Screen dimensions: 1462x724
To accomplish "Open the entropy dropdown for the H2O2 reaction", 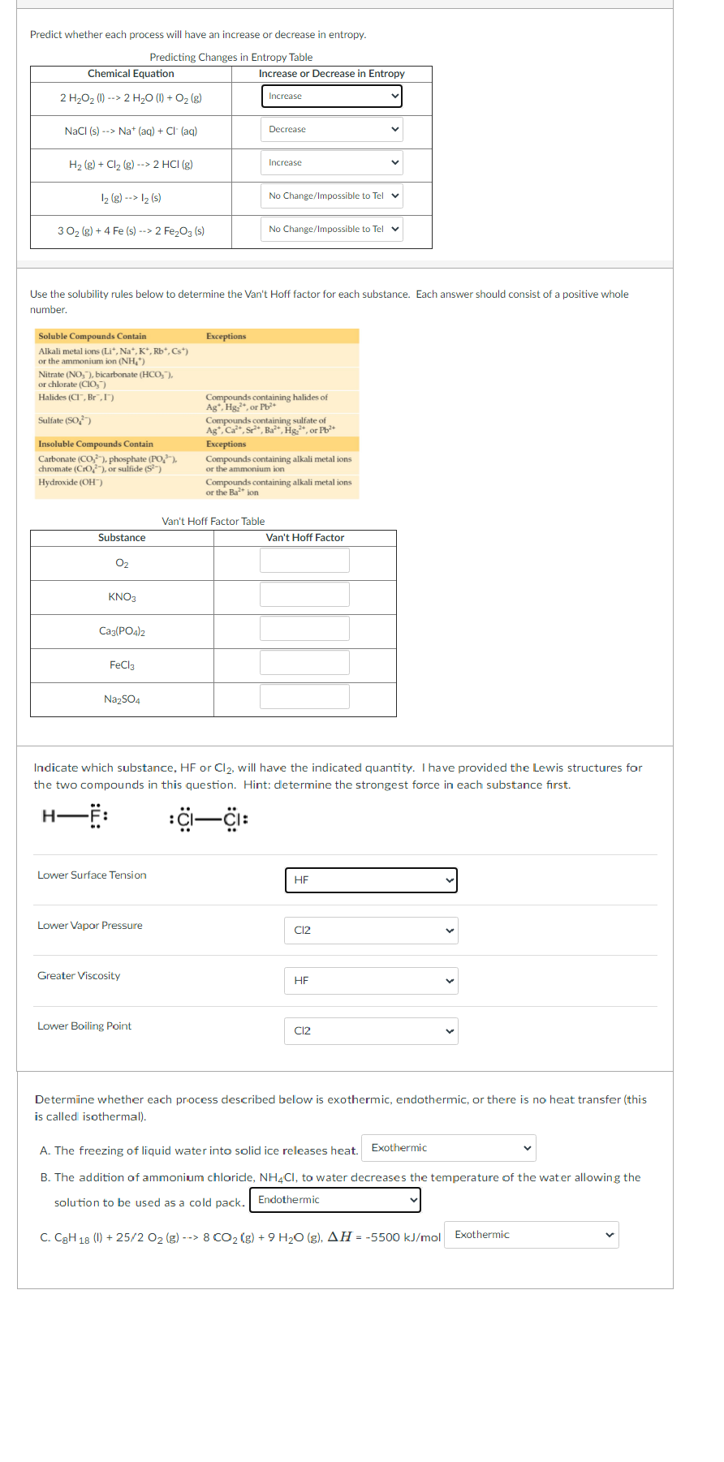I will click(331, 97).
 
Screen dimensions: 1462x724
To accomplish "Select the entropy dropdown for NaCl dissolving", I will click(331, 130).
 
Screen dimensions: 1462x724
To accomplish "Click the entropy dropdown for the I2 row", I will click(331, 196).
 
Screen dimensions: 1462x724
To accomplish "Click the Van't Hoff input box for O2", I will click(304, 561).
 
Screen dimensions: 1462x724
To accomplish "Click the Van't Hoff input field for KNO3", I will click(304, 595).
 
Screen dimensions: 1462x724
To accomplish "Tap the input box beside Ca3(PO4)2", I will click(304, 629).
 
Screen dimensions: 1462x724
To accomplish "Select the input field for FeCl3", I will click(304, 663).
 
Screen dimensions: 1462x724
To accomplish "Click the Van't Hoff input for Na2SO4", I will click(304, 697).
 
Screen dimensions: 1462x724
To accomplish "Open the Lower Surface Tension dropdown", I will click(371, 880).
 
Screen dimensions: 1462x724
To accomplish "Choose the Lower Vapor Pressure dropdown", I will click(371, 931).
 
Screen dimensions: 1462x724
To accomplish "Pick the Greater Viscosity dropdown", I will click(371, 981).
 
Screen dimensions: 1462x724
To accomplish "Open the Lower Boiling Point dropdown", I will click(371, 1031).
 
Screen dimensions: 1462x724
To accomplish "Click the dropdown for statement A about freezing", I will click(448, 1148).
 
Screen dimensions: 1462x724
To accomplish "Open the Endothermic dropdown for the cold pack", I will click(334, 1200).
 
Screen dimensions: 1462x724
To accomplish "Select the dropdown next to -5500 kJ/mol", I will click(532, 1235).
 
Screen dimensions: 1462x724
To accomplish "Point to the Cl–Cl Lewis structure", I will click(209, 819).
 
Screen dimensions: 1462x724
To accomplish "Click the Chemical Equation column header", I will click(131, 74).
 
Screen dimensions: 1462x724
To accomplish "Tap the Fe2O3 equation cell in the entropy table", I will click(131, 231).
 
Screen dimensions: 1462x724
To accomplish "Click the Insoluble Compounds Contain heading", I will click(96, 444).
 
